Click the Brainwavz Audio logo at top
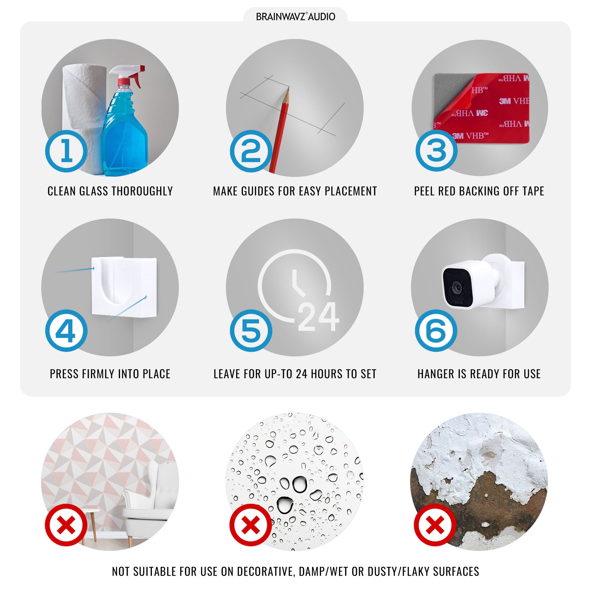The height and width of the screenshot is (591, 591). [295, 17]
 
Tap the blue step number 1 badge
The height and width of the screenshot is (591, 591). [66, 151]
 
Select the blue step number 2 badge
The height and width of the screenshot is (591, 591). [251, 151]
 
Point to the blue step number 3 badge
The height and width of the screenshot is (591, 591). [436, 150]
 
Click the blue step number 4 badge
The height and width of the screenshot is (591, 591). [66, 331]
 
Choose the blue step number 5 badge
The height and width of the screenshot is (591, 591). [251, 331]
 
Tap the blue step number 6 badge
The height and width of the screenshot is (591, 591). [436, 331]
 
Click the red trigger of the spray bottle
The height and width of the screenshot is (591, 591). [138, 77]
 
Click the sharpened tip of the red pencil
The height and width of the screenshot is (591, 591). [288, 88]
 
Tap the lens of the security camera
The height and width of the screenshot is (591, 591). [457, 287]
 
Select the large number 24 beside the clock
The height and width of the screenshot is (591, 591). [319, 316]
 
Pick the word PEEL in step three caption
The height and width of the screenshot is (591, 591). [425, 191]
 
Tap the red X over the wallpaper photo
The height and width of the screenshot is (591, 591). [66, 525]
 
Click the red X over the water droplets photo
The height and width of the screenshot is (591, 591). [251, 525]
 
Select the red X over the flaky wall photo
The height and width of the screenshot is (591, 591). [435, 525]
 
